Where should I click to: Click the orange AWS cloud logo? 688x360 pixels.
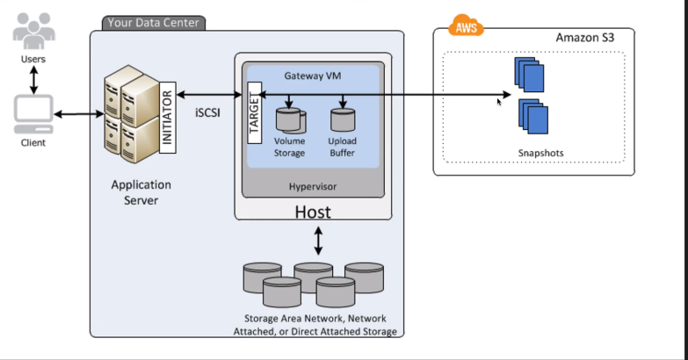(x=466, y=25)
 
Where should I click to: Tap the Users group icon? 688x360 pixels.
(x=33, y=31)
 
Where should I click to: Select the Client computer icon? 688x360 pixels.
(x=33, y=114)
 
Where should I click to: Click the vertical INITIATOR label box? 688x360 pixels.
(x=168, y=118)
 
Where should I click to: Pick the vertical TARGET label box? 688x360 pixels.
(x=255, y=112)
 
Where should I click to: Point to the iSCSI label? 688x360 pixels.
(x=207, y=112)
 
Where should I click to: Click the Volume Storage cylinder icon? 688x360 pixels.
(x=291, y=120)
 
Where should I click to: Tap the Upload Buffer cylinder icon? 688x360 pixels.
(x=343, y=119)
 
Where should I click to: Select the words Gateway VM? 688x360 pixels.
(x=313, y=76)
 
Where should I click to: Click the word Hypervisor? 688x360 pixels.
(x=313, y=186)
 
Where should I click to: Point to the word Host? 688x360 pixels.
(x=313, y=212)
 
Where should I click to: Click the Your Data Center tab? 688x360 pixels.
(x=154, y=23)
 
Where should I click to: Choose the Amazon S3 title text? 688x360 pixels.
(x=585, y=38)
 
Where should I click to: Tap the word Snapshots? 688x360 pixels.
(x=540, y=153)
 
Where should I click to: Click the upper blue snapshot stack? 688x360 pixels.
(x=529, y=75)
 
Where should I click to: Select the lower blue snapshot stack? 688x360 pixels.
(x=533, y=116)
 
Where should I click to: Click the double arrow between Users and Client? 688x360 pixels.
(x=33, y=80)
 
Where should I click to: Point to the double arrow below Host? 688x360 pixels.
(x=319, y=241)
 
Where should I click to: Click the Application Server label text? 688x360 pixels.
(x=141, y=192)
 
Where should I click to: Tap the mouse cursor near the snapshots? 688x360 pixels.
(x=499, y=102)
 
